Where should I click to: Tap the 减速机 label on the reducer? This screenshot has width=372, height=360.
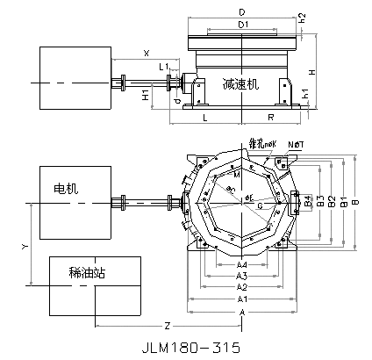coord(240,84)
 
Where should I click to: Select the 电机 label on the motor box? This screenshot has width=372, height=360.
coord(66,189)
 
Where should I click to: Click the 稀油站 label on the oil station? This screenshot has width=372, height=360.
coord(87,273)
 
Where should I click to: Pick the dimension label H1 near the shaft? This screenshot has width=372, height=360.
coord(146,95)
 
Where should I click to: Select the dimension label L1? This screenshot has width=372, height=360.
coord(164,67)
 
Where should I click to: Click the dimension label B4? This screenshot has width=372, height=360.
coord(308,202)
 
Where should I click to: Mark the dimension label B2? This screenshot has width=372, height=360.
coord(331,202)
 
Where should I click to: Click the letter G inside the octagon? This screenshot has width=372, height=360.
coord(260,207)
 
